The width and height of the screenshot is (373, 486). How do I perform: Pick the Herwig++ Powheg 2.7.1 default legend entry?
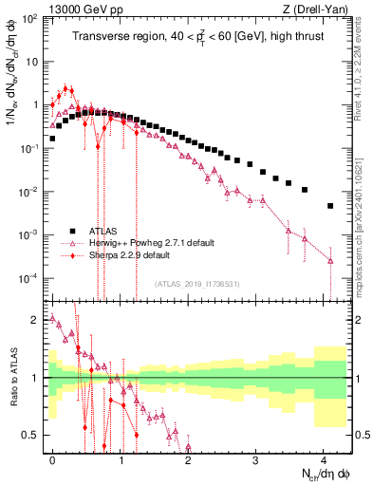click(143, 243)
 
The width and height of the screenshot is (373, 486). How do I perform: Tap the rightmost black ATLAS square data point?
click(330, 206)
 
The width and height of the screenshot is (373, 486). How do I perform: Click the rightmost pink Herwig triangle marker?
click(330, 261)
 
